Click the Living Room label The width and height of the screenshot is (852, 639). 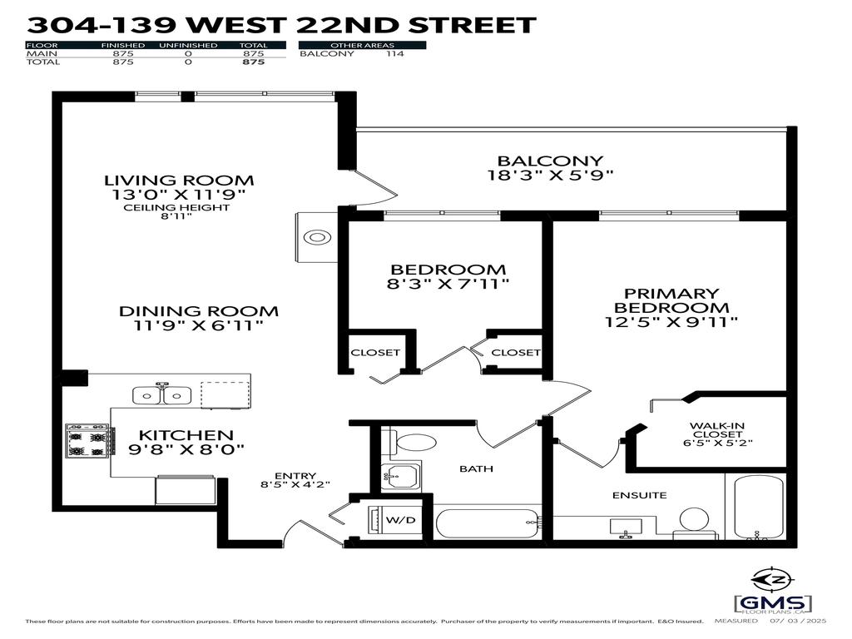tap(179, 180)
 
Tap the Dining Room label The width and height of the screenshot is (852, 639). tap(199, 311)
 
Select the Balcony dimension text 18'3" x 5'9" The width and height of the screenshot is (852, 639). tap(550, 176)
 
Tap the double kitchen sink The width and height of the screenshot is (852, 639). tap(163, 394)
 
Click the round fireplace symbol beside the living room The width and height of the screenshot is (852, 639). tap(317, 238)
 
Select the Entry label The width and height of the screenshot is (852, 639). tap(288, 476)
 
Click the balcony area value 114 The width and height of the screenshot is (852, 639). tap(394, 53)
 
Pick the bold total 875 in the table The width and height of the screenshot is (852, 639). tap(253, 62)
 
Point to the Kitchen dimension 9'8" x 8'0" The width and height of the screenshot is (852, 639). tap(186, 450)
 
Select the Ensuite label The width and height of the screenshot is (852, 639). tap(640, 495)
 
